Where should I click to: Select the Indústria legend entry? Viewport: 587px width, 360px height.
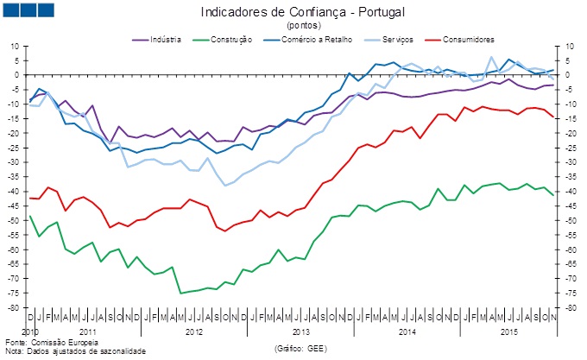[x=159, y=40]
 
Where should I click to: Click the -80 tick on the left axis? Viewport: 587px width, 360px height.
[x=14, y=308]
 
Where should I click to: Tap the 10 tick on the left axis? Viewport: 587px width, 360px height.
[x=16, y=45]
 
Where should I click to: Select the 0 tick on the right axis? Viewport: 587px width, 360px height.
[x=570, y=74]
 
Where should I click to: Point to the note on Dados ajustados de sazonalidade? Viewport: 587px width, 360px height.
[x=78, y=351]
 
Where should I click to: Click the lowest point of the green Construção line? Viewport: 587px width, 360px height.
[x=180, y=293]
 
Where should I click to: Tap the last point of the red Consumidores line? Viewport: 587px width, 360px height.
[x=553, y=117]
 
